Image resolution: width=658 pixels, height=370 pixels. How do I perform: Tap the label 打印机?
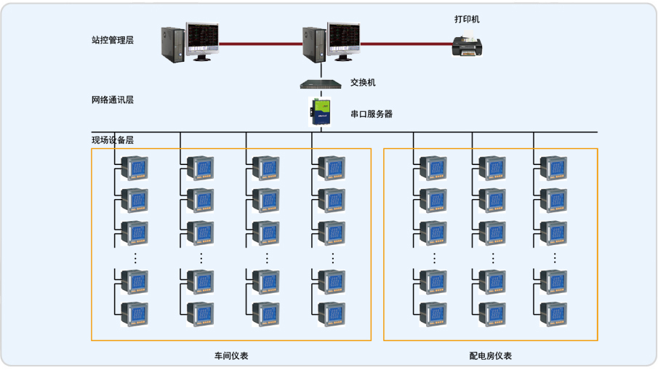click(467, 19)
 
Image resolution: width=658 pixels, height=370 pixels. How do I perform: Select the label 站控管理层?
click(113, 40)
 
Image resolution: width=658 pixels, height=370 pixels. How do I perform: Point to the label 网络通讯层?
click(113, 100)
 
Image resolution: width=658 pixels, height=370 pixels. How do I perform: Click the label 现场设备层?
click(113, 140)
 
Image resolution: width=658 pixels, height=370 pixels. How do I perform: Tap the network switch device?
click(321, 84)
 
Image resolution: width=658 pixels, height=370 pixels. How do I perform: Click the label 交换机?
click(363, 83)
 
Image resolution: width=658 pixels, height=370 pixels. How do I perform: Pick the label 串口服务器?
click(372, 114)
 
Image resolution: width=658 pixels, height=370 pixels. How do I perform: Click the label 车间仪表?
click(231, 355)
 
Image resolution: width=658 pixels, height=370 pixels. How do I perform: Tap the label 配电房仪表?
click(491, 355)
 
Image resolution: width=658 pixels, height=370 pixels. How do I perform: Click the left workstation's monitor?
click(202, 39)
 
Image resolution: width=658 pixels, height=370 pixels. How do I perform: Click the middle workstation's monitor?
click(343, 39)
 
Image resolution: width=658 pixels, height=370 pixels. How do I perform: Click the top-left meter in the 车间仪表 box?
click(135, 168)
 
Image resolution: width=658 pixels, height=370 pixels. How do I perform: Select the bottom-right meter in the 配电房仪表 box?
click(553, 314)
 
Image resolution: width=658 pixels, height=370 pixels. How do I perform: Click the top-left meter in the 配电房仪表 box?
click(434, 168)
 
